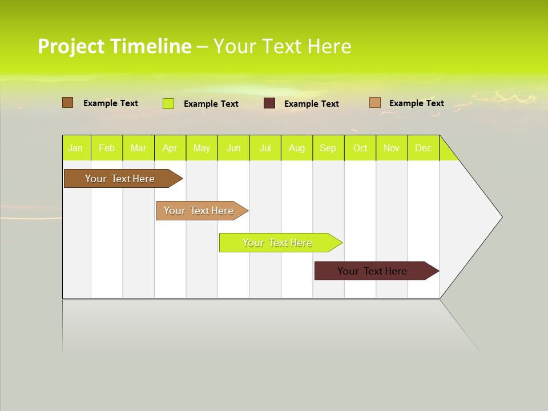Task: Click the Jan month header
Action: (75, 148)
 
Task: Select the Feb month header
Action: (107, 148)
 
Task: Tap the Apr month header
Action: (170, 148)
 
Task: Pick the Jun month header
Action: (233, 148)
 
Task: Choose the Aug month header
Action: (297, 148)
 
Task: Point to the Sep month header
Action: (328, 148)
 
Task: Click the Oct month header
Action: (360, 148)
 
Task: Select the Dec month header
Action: (423, 148)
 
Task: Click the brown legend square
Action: (67, 103)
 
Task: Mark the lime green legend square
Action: (168, 103)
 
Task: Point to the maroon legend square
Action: (269, 103)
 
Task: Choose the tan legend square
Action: (374, 103)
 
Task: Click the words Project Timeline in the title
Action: (114, 46)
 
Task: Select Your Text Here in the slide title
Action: (282, 46)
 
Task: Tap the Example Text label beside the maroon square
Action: (312, 104)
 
